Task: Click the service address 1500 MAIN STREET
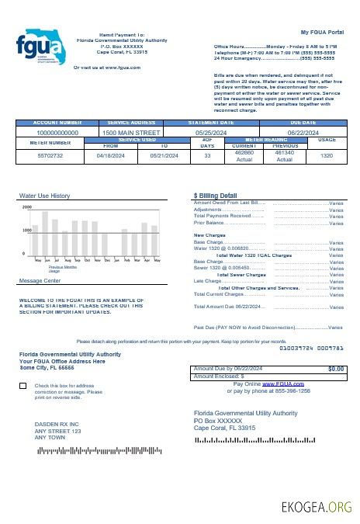[x=130, y=133]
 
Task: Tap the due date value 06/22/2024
[x=303, y=133]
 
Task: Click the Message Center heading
[x=40, y=280]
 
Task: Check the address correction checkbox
[x=22, y=386]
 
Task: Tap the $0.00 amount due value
[x=336, y=369]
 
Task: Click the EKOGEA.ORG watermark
[x=317, y=508]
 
